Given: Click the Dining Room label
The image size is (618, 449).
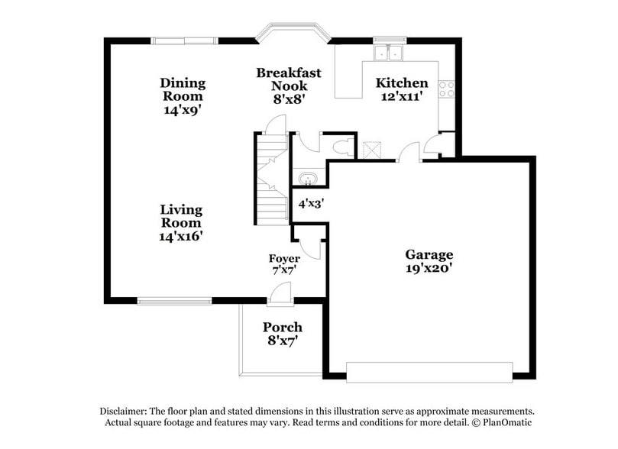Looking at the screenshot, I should point(182,89).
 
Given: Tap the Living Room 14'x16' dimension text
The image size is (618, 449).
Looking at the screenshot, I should point(181,236).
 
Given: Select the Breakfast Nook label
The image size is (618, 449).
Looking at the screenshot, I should point(288,79).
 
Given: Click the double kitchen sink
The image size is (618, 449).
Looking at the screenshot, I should point(390,53).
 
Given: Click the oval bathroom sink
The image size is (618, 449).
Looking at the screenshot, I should point(308,179).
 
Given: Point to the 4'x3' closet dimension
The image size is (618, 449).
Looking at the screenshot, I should point(310,204).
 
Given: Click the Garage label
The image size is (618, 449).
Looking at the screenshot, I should point(429,254).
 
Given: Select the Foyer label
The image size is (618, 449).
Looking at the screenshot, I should point(283,258).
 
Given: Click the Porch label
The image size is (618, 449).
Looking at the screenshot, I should point(282,327).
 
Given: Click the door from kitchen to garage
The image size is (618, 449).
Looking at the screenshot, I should point(409,152).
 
